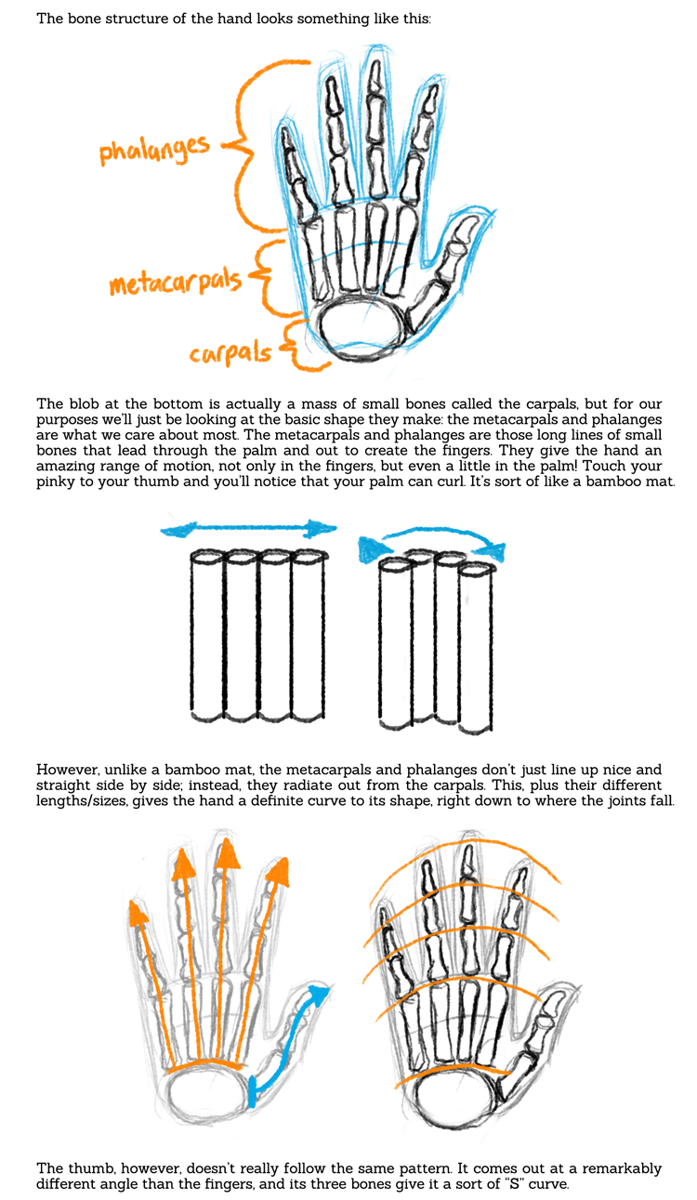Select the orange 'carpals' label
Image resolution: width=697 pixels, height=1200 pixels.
click(230, 353)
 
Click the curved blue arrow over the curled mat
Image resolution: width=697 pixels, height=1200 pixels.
click(433, 538)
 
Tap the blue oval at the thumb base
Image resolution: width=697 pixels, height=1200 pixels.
click(256, 1088)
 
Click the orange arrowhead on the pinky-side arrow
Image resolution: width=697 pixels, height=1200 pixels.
click(139, 916)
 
